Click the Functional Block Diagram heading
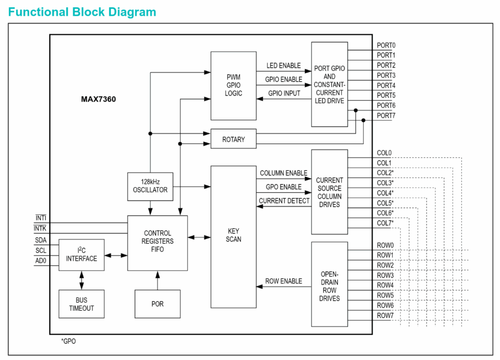point(82,12)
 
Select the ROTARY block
point(233,139)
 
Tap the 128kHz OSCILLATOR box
point(150,186)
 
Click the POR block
point(157,304)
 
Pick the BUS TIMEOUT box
point(81,304)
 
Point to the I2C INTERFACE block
point(82,254)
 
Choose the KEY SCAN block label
point(233,235)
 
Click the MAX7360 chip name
point(98,99)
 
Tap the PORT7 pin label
point(386,116)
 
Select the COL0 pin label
point(384,153)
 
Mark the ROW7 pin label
point(385,316)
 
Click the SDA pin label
point(41,240)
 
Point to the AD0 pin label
point(41,260)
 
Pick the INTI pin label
point(41,218)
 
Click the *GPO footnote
point(68,341)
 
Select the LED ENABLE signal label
point(283,65)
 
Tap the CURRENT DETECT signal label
point(284,201)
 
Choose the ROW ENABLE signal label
point(283,281)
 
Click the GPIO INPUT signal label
point(284,93)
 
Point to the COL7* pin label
point(385,223)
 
